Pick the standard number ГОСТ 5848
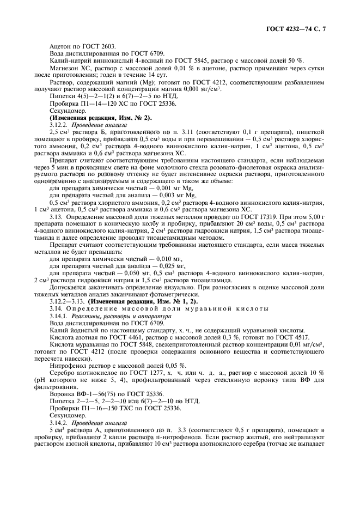135,346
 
